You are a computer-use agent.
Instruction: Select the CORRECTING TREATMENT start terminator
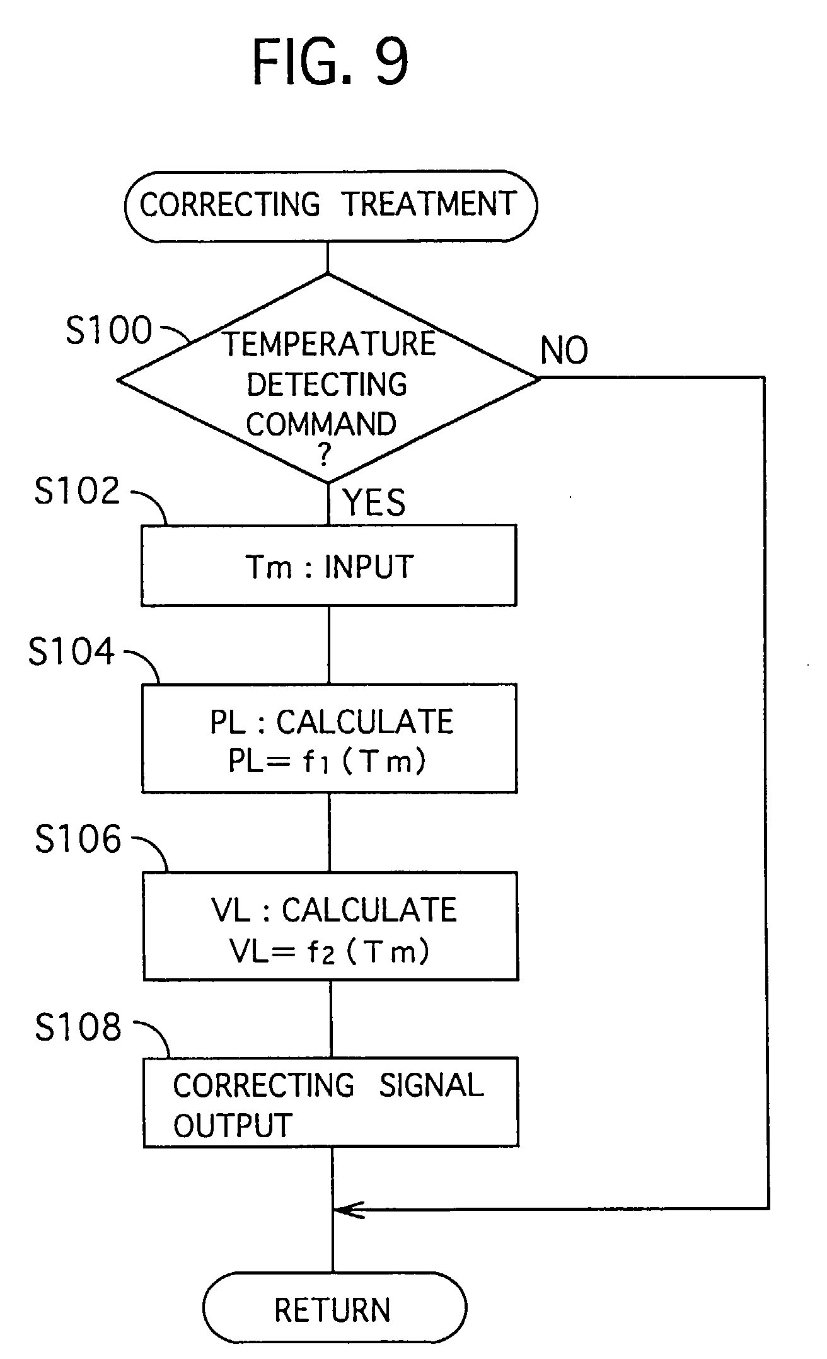tap(330, 205)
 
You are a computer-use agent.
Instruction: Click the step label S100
tap(109, 330)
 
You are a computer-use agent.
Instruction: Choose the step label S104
tap(71, 651)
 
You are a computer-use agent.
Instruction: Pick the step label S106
tap(78, 839)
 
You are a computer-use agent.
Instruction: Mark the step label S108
tap(78, 1027)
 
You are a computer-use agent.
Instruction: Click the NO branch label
tap(564, 350)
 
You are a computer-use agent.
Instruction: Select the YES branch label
tap(374, 502)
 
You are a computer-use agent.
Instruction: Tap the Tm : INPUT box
tap(329, 566)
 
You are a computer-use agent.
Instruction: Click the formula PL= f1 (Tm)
tap(327, 761)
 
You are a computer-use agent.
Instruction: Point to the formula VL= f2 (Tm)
tap(330, 950)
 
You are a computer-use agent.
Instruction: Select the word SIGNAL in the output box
tap(431, 1085)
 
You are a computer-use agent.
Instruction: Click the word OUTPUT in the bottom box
tap(233, 1126)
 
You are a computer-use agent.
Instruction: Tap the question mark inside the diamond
tap(324, 454)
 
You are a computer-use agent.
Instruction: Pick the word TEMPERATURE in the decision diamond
tap(329, 344)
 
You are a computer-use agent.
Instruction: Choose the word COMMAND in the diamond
tap(321, 424)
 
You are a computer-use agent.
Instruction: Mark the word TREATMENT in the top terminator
tap(429, 204)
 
